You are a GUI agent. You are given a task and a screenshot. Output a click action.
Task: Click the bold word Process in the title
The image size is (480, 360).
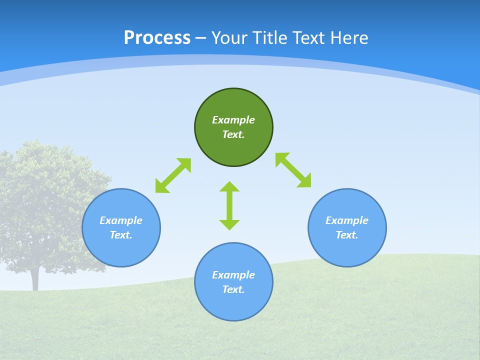[x=157, y=38]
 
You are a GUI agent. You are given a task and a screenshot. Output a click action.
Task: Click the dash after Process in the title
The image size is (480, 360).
[x=200, y=38]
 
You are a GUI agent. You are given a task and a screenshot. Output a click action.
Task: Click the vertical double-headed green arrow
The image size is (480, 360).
[x=229, y=205]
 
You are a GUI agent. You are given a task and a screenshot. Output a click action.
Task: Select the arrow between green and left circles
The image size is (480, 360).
[x=173, y=175]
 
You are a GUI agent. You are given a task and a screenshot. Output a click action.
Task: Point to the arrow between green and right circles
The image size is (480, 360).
[x=293, y=170]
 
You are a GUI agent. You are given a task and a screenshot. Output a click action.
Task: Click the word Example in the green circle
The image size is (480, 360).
[x=233, y=120]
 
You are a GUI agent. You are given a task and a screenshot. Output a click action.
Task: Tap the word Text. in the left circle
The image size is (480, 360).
[x=121, y=235]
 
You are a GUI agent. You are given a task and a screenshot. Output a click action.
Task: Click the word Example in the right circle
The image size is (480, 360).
[x=347, y=220]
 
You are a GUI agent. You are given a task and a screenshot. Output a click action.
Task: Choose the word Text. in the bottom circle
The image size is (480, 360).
[x=233, y=289]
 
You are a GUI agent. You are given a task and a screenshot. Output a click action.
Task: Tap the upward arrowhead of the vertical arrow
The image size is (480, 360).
[x=229, y=186]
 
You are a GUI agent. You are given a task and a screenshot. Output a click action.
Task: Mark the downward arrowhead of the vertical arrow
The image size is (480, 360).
[x=229, y=224]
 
